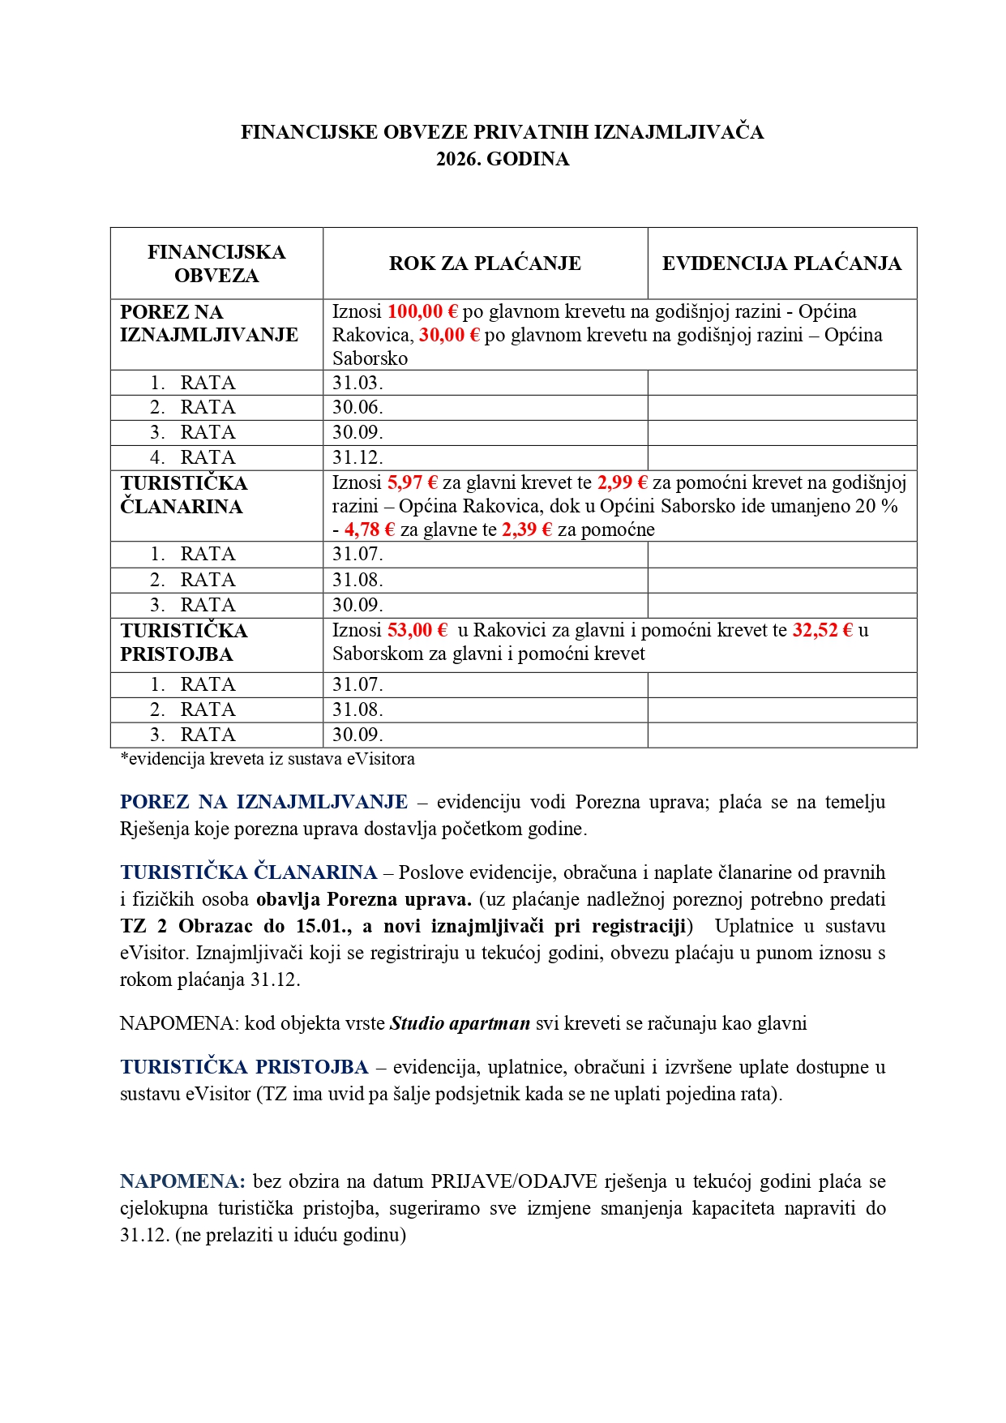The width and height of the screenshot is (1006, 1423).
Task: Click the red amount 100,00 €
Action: (x=422, y=311)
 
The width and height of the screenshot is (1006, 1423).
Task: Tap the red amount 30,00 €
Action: (x=449, y=335)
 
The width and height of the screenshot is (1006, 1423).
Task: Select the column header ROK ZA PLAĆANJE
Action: (x=485, y=264)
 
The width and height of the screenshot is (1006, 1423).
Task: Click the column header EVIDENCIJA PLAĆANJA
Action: (x=781, y=264)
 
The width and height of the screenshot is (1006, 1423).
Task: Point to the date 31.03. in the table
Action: (x=357, y=383)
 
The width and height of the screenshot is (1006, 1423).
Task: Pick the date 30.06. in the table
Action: (x=357, y=407)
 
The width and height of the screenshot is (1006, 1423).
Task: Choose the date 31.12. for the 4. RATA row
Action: (x=357, y=457)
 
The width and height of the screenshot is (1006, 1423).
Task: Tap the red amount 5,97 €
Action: (x=412, y=482)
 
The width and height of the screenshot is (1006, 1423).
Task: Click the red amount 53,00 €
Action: (x=417, y=630)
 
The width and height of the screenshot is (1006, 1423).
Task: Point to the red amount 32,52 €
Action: (x=822, y=630)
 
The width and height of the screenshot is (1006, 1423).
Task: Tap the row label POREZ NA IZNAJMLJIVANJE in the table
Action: (x=208, y=324)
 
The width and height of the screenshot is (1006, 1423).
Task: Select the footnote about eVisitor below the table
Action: (x=268, y=759)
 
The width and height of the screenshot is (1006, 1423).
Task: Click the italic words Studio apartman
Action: (x=460, y=1023)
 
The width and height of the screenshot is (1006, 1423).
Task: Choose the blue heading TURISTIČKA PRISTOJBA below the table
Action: (x=244, y=1067)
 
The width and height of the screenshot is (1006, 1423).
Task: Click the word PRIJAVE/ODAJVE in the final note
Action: (x=513, y=1181)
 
